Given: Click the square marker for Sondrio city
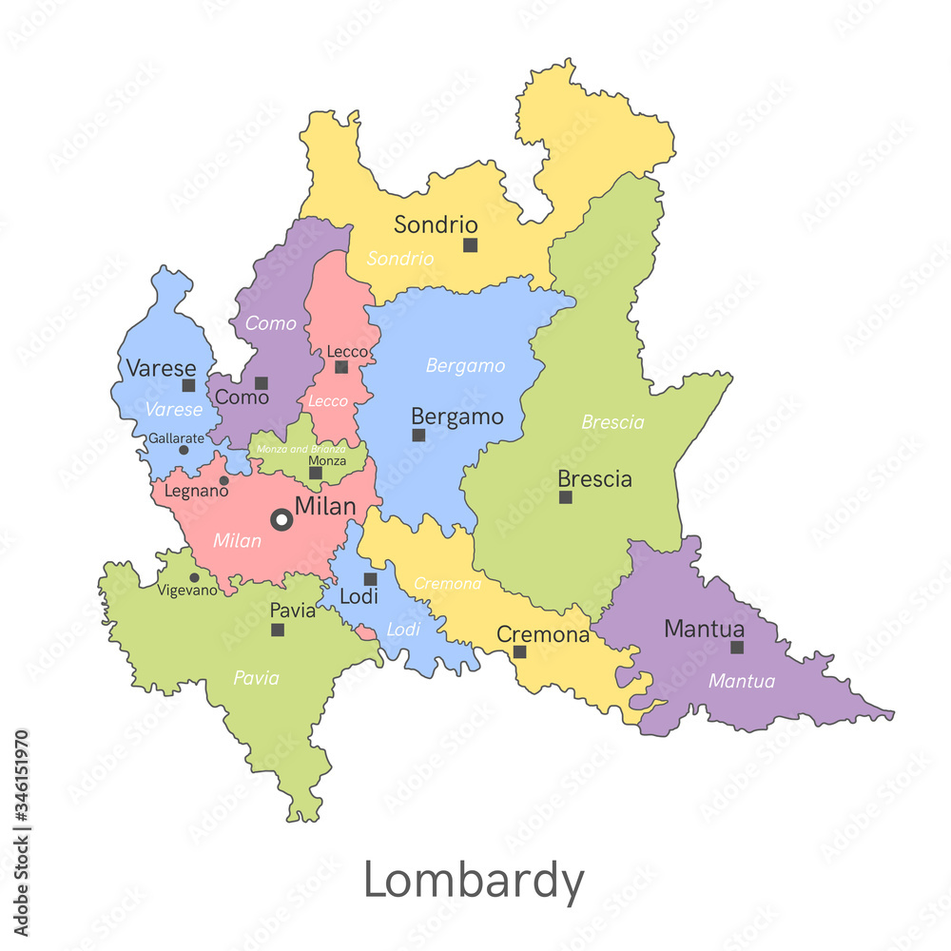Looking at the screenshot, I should tap(470, 245).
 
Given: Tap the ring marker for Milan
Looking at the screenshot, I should tap(281, 519).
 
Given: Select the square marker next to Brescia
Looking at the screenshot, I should tap(566, 497).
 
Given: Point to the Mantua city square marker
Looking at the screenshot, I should tap(737, 648).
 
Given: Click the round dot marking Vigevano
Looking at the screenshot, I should tap(194, 577).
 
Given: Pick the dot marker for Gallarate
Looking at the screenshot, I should tap(184, 450).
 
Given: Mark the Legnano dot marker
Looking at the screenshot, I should tap(224, 480).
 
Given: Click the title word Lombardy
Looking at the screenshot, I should tap(474, 881).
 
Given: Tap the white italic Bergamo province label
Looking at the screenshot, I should tap(465, 366).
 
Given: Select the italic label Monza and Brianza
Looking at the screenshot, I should tap(301, 448).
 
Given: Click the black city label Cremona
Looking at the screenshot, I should tap(543, 634).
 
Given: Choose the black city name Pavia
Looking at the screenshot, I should tap(293, 610).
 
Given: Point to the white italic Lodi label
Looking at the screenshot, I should tap(403, 630).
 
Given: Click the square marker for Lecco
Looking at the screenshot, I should tap(341, 368).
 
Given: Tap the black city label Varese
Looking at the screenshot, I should tap(161, 368).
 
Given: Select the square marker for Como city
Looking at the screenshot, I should tap(262, 383).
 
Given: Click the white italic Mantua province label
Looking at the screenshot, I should tap(742, 681).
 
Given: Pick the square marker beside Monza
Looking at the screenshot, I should tap(316, 473).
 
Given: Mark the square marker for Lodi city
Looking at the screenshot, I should tap(371, 579).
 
